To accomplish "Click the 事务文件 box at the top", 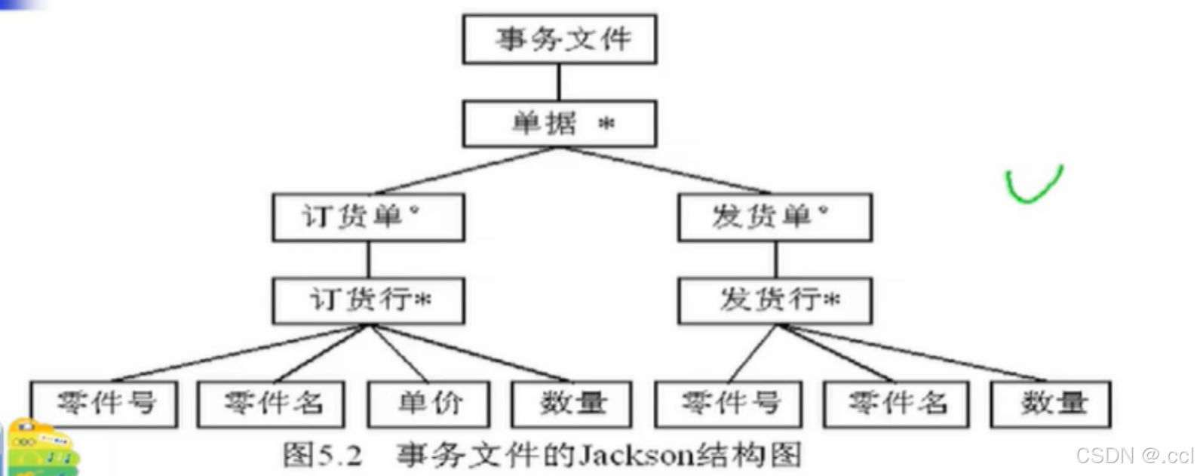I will (x=559, y=39).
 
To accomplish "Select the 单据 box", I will (x=559, y=124).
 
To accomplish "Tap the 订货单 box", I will (x=368, y=217).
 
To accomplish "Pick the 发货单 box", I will (x=775, y=217).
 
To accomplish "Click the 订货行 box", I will (x=368, y=300).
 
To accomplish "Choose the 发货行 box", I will (x=775, y=300).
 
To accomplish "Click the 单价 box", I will (x=428, y=404).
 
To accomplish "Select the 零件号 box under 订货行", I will (x=104, y=404).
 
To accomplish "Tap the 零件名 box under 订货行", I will (x=271, y=404).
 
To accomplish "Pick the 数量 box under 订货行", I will (x=572, y=404).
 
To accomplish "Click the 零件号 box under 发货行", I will (x=729, y=404).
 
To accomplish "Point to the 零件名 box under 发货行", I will (x=896, y=404).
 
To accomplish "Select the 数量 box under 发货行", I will (x=1051, y=404).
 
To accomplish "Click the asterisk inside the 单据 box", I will (x=606, y=124).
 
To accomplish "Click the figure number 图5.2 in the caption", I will (x=322, y=455).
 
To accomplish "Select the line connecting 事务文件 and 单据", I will (x=559, y=82).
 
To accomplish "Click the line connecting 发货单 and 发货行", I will (x=776, y=259).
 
